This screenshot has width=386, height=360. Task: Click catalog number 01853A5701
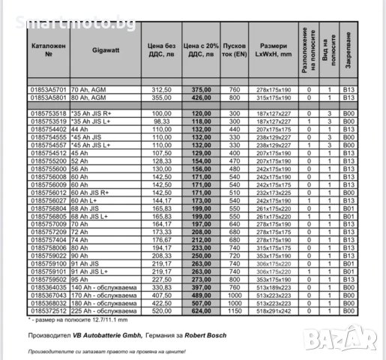pos(49,89)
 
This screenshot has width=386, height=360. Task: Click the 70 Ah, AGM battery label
pos(88,89)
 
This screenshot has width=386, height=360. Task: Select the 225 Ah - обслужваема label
pos(102,310)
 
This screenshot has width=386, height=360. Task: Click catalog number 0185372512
pos(49,310)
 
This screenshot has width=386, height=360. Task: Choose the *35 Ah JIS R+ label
pos(90,114)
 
